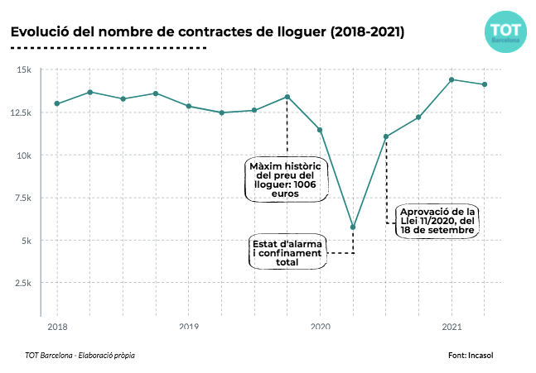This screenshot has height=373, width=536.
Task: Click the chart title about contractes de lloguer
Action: click(207, 32)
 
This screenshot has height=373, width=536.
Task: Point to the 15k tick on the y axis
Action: click(23, 69)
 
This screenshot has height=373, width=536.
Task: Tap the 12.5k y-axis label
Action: click(20, 112)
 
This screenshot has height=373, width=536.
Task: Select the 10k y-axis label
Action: click(23, 155)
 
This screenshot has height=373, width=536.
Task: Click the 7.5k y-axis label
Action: click(21, 198)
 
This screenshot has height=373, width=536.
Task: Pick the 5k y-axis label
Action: click(25, 241)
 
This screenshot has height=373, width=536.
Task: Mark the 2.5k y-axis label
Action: click(21, 284)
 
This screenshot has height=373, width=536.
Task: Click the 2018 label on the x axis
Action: click(57, 328)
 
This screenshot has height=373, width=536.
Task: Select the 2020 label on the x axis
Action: click(320, 328)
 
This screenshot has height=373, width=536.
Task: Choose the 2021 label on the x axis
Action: click(451, 328)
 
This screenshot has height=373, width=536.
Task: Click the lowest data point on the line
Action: click(353, 227)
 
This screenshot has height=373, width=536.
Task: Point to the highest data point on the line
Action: click(451, 79)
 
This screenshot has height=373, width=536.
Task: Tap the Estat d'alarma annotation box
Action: click(289, 252)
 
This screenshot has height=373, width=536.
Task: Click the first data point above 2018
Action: click(57, 103)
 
